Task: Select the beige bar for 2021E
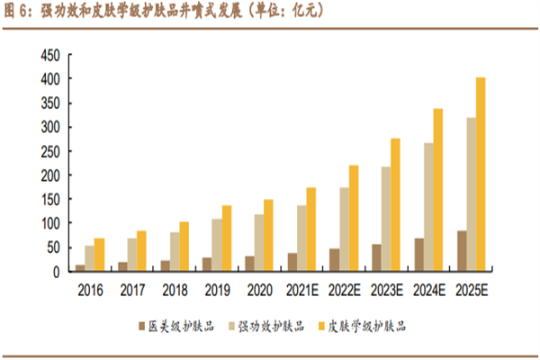pyautogui.click(x=301, y=238)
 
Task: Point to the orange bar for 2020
pyautogui.click(x=267, y=235)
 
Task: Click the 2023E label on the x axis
pyautogui.click(x=385, y=291)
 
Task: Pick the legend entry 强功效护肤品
pyautogui.click(x=271, y=325)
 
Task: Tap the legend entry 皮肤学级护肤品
pyautogui.click(x=369, y=325)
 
